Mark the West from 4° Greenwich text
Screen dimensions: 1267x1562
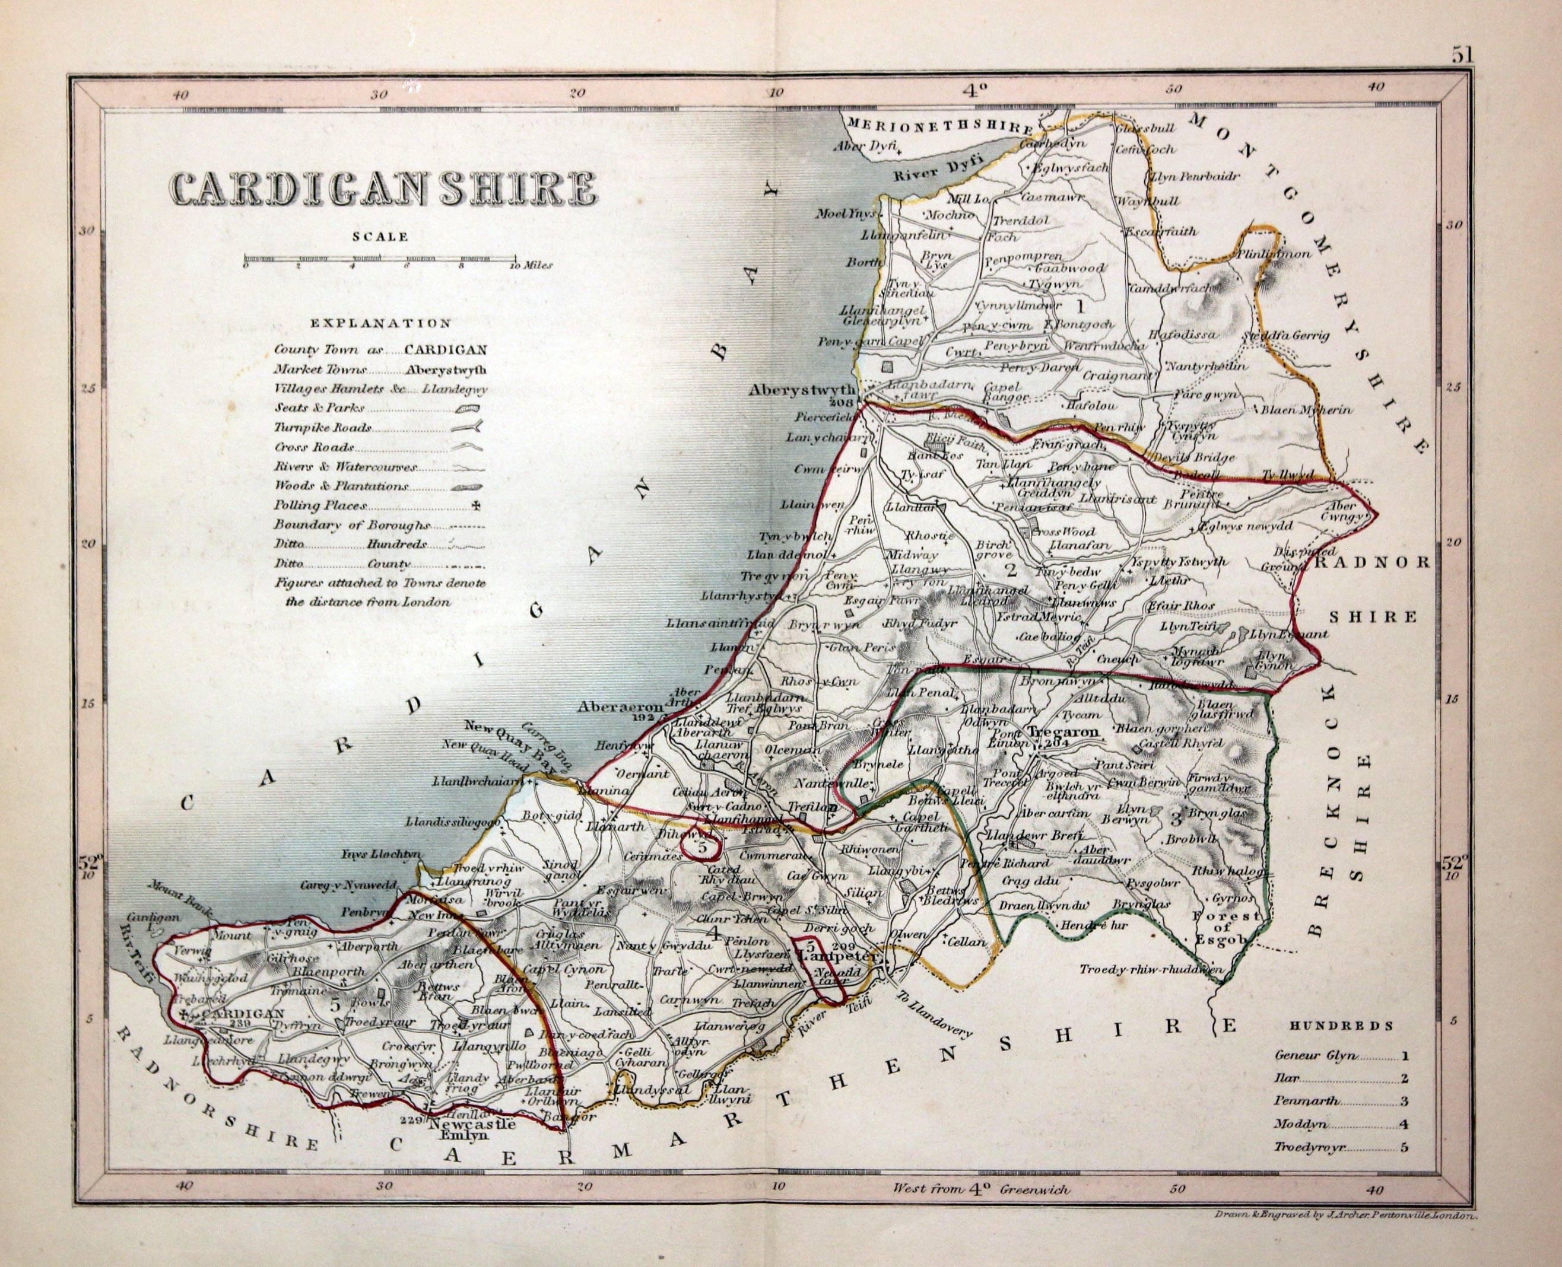[981, 1209]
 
